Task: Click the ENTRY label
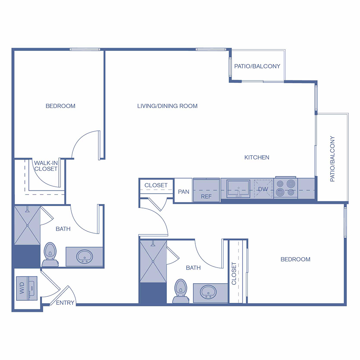65,303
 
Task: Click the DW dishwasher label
263,189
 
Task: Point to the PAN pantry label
184,192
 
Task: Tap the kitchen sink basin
238,188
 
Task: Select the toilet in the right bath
180,290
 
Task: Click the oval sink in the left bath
85,256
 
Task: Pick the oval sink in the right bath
208,292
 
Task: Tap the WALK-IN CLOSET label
46,166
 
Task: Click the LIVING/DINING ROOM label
167,106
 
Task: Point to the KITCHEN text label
257,158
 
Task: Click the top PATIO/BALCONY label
257,66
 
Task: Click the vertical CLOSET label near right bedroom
234,273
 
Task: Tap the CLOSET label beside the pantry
156,185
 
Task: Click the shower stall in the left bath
27,226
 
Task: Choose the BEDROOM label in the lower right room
295,259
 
